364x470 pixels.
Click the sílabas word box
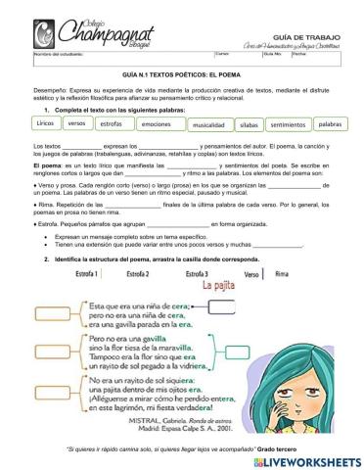(x=250, y=125)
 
